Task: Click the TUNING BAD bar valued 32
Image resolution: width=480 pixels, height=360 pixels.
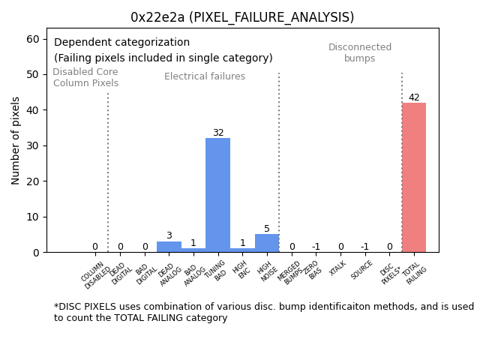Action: pos(217,195)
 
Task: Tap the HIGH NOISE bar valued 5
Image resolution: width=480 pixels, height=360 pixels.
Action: pos(267,243)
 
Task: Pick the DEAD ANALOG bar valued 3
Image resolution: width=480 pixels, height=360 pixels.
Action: pos(169,247)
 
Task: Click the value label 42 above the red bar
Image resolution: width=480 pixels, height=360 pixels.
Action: pos(414,97)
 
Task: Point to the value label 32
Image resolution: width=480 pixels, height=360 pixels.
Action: pos(218,133)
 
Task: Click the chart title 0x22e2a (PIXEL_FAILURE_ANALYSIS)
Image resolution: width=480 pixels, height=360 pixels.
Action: pos(242,17)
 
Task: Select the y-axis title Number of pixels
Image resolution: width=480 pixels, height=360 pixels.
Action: pos(16,140)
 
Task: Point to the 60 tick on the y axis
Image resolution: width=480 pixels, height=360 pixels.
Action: pos(34,39)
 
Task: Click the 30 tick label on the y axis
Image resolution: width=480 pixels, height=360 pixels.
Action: pos(34,145)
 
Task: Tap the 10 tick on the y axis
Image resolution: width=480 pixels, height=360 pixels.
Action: pos(34,217)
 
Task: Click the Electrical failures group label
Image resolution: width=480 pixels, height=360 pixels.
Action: pos(205,76)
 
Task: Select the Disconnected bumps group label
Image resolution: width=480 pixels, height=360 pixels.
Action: pos(360,53)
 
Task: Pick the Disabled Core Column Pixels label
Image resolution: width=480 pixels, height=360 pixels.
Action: pos(85,78)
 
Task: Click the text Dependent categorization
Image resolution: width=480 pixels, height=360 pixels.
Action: pos(121,43)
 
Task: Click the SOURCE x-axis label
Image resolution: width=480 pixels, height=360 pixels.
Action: pos(363,270)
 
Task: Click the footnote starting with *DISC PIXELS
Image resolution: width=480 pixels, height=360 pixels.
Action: pos(263,312)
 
